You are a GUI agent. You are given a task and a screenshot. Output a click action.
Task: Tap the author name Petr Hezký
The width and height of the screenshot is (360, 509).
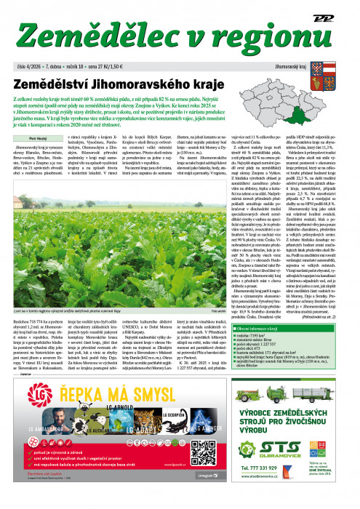tap(25, 136)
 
